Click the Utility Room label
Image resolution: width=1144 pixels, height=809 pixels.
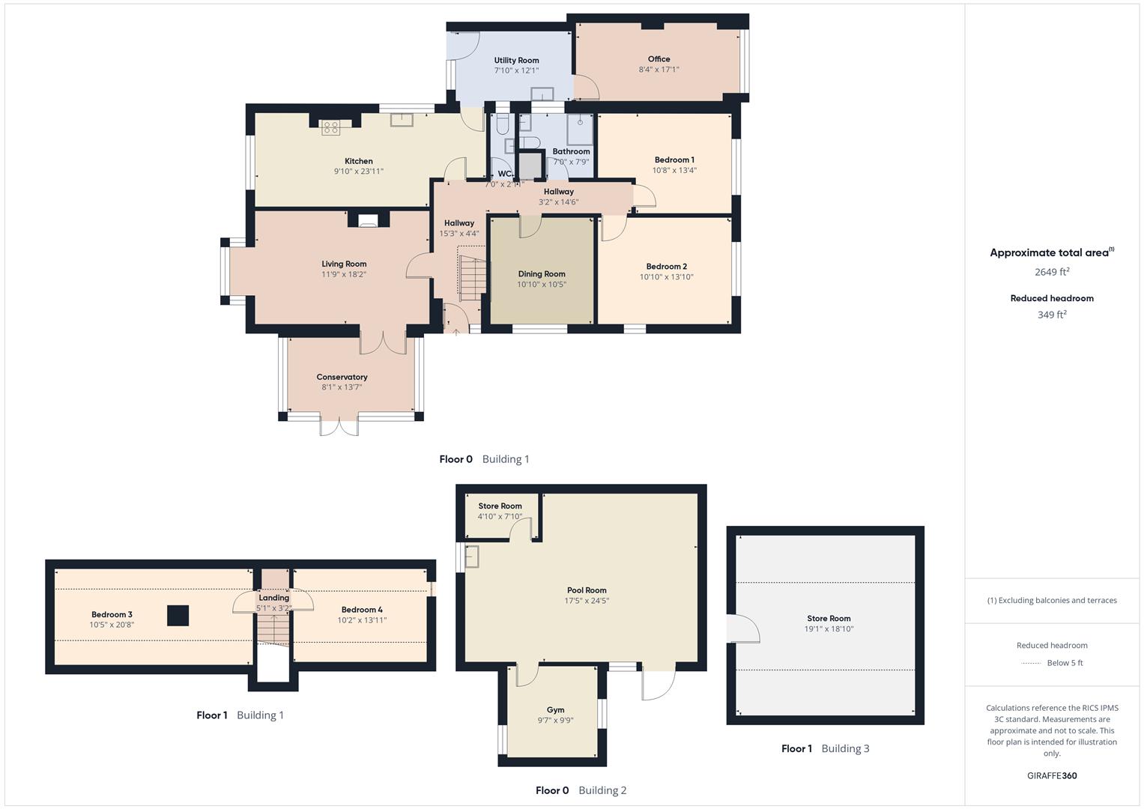pos(516,61)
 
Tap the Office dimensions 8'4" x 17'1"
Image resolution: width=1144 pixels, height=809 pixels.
pos(659,70)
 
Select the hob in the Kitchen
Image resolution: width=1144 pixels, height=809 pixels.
pos(331,127)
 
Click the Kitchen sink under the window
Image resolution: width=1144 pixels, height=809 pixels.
pos(402,120)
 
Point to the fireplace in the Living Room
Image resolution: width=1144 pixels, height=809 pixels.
pos(368,219)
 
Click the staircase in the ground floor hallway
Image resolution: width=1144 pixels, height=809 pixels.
pos(471,277)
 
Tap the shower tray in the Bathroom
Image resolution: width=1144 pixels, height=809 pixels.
pos(580,130)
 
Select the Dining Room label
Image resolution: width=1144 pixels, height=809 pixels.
pos(541,274)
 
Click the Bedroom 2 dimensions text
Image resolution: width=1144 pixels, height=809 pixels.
pos(666,277)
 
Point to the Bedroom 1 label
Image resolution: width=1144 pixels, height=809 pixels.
pos(674,160)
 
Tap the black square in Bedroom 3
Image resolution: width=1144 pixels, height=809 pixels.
pos(178,615)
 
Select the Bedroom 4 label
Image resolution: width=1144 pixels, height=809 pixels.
pos(362,610)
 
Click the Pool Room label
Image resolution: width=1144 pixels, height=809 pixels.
pos(587,590)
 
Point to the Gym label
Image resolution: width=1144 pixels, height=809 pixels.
pos(555,710)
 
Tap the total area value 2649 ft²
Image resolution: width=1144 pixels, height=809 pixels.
pos(1051,272)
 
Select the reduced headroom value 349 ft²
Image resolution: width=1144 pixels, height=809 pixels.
pos(1051,315)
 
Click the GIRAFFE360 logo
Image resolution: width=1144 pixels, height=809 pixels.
pos(1052,775)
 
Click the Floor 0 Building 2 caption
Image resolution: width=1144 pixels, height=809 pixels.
pos(581,790)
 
